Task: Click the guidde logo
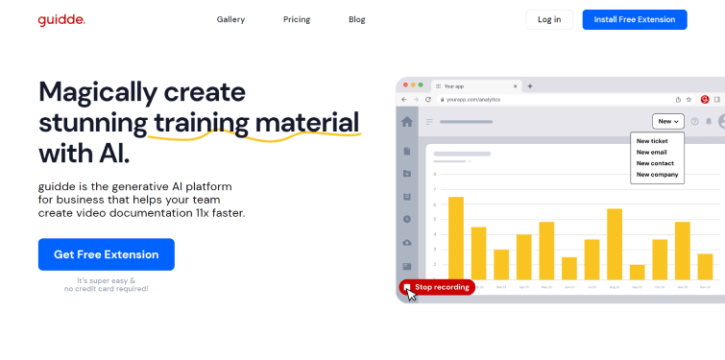(x=61, y=19)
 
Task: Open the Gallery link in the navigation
(x=230, y=19)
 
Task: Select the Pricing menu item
(x=296, y=19)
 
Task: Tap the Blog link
(x=356, y=19)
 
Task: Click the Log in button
(x=549, y=19)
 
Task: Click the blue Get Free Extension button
(x=106, y=254)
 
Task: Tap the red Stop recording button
(x=437, y=287)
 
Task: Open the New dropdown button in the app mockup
(x=668, y=121)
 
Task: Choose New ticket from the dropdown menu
(x=652, y=141)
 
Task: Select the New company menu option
(x=657, y=175)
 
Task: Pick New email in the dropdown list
(x=651, y=152)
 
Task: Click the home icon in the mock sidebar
(x=407, y=122)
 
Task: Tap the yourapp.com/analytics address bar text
(x=476, y=99)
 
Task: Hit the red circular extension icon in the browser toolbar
(x=705, y=99)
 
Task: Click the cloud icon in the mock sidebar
(x=407, y=242)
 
